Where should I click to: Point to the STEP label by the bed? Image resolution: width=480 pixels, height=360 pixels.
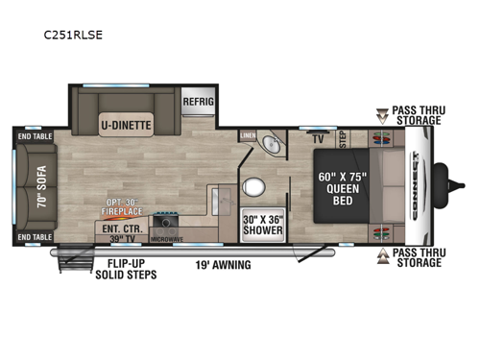click(x=344, y=139)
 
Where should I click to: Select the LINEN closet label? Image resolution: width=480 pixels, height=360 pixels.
click(x=248, y=135)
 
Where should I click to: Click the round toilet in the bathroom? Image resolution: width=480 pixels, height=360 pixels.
click(x=255, y=186)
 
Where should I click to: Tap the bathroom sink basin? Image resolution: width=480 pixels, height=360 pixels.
click(x=274, y=147)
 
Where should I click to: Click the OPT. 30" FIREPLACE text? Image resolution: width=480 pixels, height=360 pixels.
click(x=125, y=207)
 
